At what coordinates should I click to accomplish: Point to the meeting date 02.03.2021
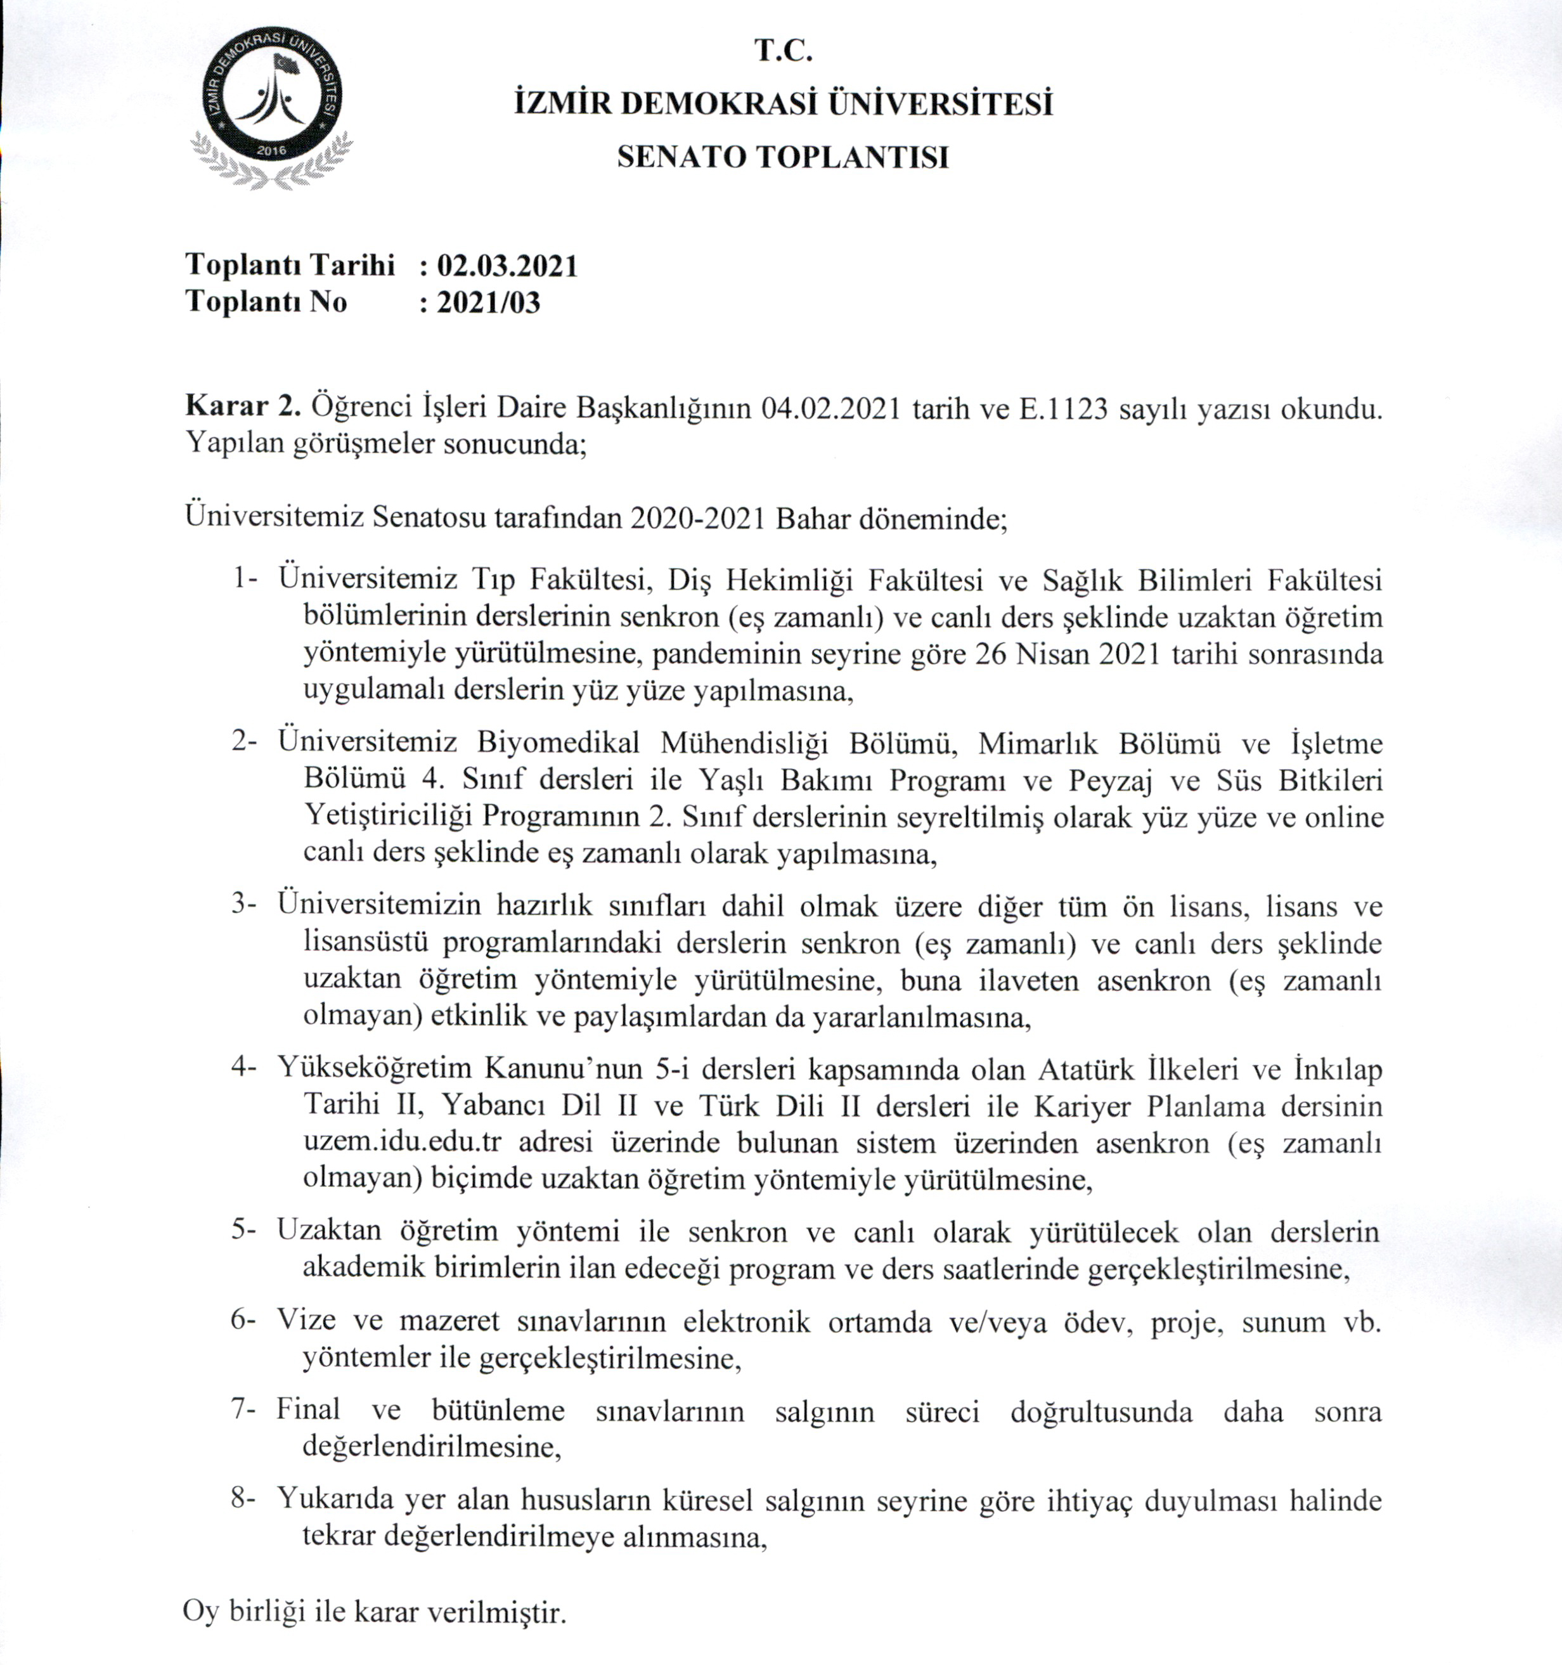508,266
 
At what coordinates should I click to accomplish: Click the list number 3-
245,905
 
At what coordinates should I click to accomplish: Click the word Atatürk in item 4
1087,1070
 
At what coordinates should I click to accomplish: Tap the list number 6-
245,1321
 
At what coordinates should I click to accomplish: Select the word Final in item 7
308,1410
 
